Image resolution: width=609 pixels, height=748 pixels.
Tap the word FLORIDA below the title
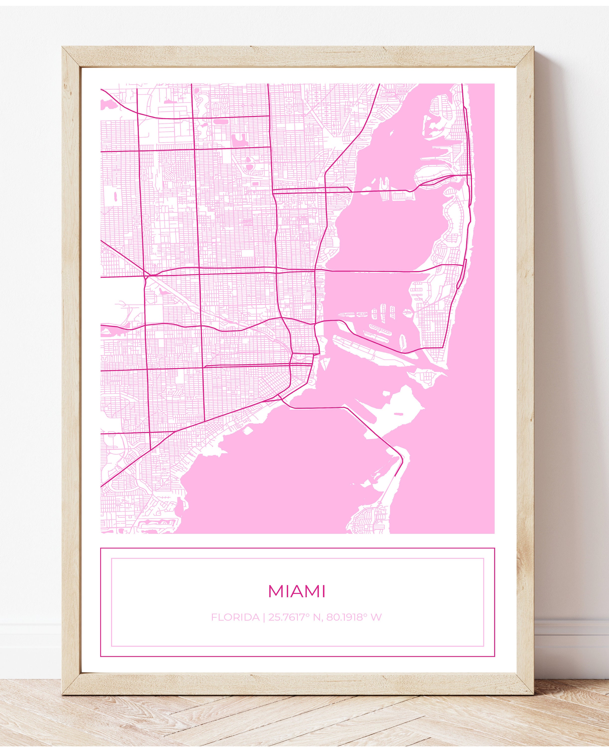pos(235,617)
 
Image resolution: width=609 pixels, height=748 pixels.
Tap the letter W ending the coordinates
pos(377,617)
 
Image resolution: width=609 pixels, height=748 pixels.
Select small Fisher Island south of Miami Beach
pos(426,377)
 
